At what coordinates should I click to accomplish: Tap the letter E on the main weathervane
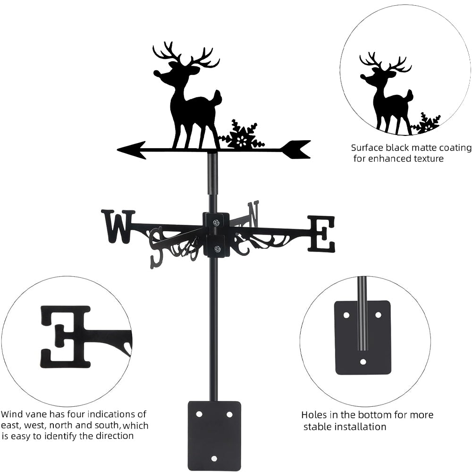[x=321, y=234]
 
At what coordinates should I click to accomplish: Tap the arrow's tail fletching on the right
[x=295, y=149]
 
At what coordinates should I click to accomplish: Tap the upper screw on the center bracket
[x=216, y=222]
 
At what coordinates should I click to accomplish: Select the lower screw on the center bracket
[x=216, y=249]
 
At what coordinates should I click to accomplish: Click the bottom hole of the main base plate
[x=214, y=458]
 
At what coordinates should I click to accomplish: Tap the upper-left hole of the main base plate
[x=199, y=414]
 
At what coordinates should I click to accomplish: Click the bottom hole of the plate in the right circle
[x=363, y=362]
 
